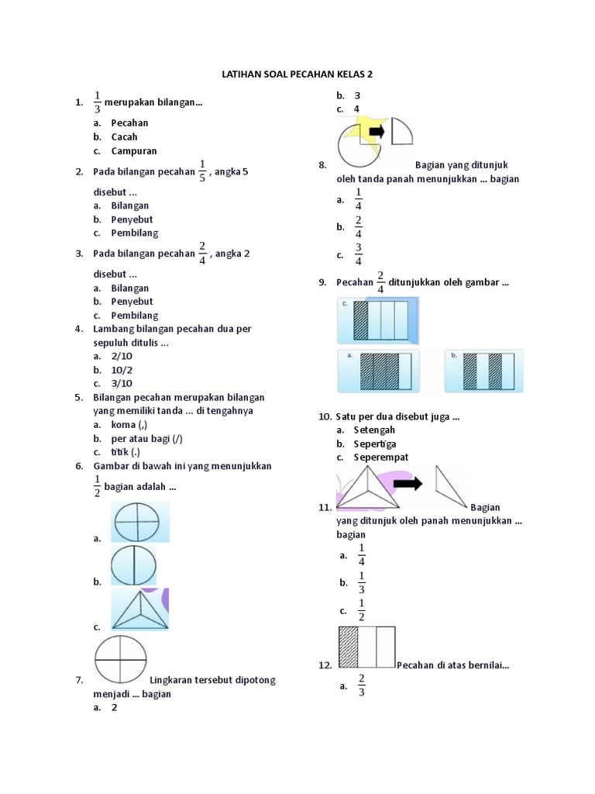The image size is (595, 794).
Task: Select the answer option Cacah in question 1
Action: [x=124, y=136]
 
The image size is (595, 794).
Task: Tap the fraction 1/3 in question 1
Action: [x=98, y=102]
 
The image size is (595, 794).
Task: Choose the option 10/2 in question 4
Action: [x=122, y=369]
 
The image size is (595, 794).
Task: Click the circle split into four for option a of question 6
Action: [x=139, y=522]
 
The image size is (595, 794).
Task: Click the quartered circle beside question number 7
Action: [x=120, y=660]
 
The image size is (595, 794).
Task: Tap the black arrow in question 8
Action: [x=377, y=131]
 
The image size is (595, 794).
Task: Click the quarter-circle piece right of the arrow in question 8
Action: [x=401, y=131]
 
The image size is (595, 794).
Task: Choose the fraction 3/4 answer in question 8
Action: [x=358, y=254]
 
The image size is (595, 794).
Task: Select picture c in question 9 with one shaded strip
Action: [x=380, y=320]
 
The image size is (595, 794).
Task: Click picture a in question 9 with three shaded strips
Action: [x=380, y=371]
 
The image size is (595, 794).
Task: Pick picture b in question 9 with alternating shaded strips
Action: [x=488, y=371]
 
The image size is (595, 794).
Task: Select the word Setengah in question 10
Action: [x=374, y=430]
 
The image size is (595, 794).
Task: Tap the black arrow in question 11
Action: [x=408, y=485]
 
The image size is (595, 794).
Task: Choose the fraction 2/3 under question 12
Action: [x=361, y=685]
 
